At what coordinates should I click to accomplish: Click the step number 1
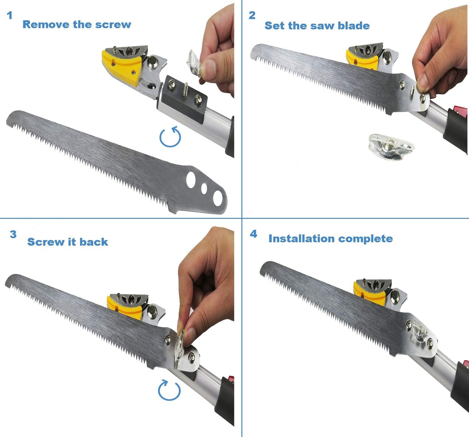coord(10,15)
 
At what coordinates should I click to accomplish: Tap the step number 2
coord(252,15)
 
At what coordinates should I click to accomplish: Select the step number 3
coord(13,234)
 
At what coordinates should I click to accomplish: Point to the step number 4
coord(253,234)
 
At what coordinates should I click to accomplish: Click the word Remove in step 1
coord(46,25)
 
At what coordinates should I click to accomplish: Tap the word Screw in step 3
coord(45,242)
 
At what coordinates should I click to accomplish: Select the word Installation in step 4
coord(302,239)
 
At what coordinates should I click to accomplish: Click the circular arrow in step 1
coord(170,137)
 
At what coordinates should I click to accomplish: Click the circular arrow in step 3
coord(169,390)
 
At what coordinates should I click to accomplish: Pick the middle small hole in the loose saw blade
coord(204,188)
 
